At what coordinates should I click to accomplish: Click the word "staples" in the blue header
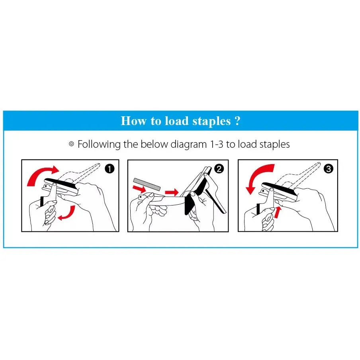pos(211,121)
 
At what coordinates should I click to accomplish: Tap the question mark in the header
pos(238,121)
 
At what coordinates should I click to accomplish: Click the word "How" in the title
pos(133,121)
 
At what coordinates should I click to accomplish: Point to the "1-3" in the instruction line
pos(217,145)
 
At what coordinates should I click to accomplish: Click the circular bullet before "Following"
pos(71,144)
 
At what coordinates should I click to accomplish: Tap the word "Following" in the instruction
pos(99,145)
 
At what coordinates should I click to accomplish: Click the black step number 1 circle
pos(110,169)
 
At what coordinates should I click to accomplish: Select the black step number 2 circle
pos(219,169)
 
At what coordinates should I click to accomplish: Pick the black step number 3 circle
pos(328,169)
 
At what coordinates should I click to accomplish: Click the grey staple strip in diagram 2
pos(147,184)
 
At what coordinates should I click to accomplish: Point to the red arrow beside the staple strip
pos(139,189)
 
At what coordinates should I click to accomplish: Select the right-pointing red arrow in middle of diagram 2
pos(172,192)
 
